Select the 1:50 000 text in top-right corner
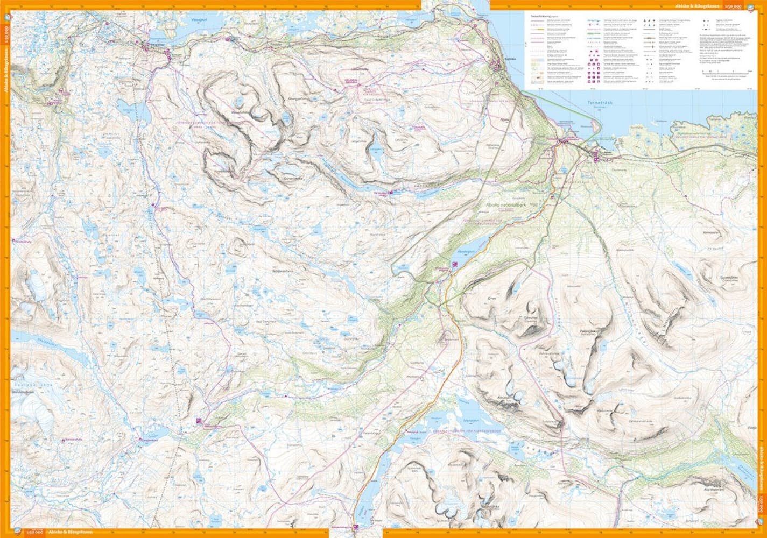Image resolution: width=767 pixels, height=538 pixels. click(748, 6)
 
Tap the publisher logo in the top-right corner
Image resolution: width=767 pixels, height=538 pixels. click(761, 6)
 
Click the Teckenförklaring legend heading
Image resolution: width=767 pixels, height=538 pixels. click(539, 16)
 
